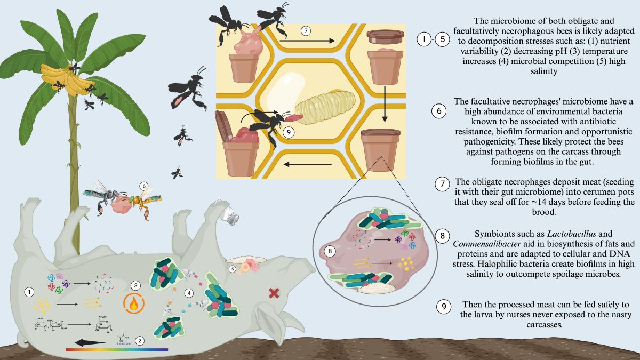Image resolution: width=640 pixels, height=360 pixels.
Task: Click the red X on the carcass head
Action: pyautogui.click(x=275, y=292)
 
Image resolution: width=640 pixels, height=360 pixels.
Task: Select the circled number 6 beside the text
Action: pyautogui.click(x=438, y=111)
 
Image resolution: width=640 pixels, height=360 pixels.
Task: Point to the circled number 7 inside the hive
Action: pyautogui.click(x=306, y=31)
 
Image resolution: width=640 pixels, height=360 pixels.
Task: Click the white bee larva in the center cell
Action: pyautogui.click(x=320, y=104)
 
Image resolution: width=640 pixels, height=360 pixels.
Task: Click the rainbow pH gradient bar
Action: pyautogui.click(x=116, y=350)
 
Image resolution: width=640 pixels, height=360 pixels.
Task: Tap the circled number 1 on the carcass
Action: pyautogui.click(x=30, y=291)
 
